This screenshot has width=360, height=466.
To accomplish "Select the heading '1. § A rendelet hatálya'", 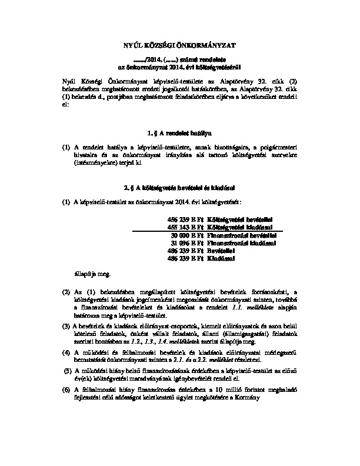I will (180, 134).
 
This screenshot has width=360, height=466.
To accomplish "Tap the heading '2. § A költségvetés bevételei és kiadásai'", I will (180, 188).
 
